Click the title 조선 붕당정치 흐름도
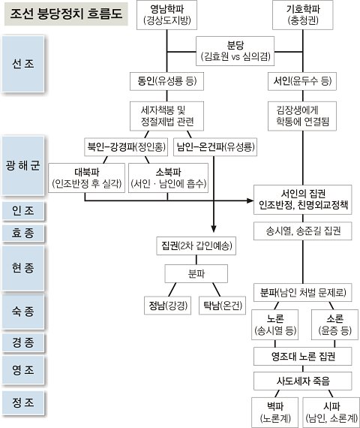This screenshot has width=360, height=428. coord(66,14)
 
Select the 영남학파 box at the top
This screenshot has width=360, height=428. coord(166,15)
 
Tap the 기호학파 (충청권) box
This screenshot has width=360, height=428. coord(303,15)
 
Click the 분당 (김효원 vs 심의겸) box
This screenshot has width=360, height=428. coord(235,51)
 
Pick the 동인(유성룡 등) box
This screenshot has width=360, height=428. coord(166,81)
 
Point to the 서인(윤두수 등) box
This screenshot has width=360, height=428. coord(302,81)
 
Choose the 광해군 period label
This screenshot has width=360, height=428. coord(23,165)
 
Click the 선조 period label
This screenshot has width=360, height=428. coord(23,64)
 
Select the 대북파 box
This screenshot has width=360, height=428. coord(87,178)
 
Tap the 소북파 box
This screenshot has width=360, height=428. coord(168,178)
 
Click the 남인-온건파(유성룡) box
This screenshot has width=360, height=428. coord(215,147)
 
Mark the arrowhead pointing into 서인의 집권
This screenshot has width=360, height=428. coord(250,200)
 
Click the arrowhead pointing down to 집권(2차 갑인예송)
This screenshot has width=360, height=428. coord(214,229)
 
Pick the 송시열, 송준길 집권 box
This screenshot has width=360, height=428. coord(303,231)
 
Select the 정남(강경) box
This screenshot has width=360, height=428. coord(167,306)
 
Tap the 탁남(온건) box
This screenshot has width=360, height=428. coord(222,306)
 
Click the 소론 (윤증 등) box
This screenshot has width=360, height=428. coord(334,325)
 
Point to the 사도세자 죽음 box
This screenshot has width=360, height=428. coord(303,381)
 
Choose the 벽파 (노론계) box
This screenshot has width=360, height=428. coord(275,412)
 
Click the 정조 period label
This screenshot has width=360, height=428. coord(23,403)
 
